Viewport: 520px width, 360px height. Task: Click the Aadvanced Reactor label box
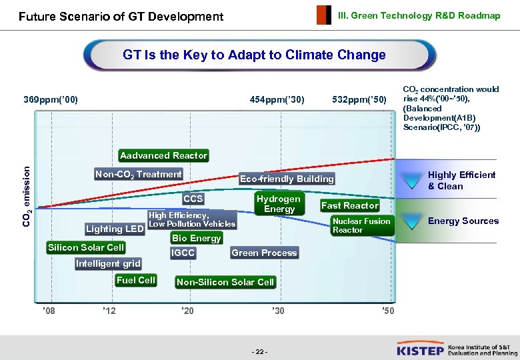pyautogui.click(x=163, y=155)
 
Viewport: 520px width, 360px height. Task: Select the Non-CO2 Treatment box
pyautogui.click(x=138, y=175)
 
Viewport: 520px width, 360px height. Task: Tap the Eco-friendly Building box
pyautogui.click(x=287, y=179)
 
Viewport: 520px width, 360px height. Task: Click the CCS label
pyautogui.click(x=193, y=199)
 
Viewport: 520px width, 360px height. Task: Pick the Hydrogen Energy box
pyautogui.click(x=279, y=204)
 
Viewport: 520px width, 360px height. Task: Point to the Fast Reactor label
pyautogui.click(x=349, y=205)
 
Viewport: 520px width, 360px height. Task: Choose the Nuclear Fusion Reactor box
pyautogui.click(x=361, y=225)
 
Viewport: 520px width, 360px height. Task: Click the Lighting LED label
pyautogui.click(x=115, y=229)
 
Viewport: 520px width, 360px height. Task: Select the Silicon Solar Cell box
pyautogui.click(x=86, y=247)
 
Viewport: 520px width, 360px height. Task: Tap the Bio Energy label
pyautogui.click(x=196, y=238)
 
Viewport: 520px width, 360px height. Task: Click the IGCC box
pyautogui.click(x=183, y=253)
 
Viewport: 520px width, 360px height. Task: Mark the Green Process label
pyautogui.click(x=264, y=253)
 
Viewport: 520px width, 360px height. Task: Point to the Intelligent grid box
pyautogui.click(x=108, y=264)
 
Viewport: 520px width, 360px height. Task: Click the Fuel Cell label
pyautogui.click(x=135, y=281)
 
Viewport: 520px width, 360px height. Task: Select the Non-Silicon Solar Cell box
pyautogui.click(x=225, y=282)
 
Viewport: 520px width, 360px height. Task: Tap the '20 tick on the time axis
pyautogui.click(x=187, y=311)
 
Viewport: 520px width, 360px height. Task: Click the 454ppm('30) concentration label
pyautogui.click(x=277, y=100)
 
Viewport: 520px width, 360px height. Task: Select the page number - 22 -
pyautogui.click(x=260, y=351)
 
